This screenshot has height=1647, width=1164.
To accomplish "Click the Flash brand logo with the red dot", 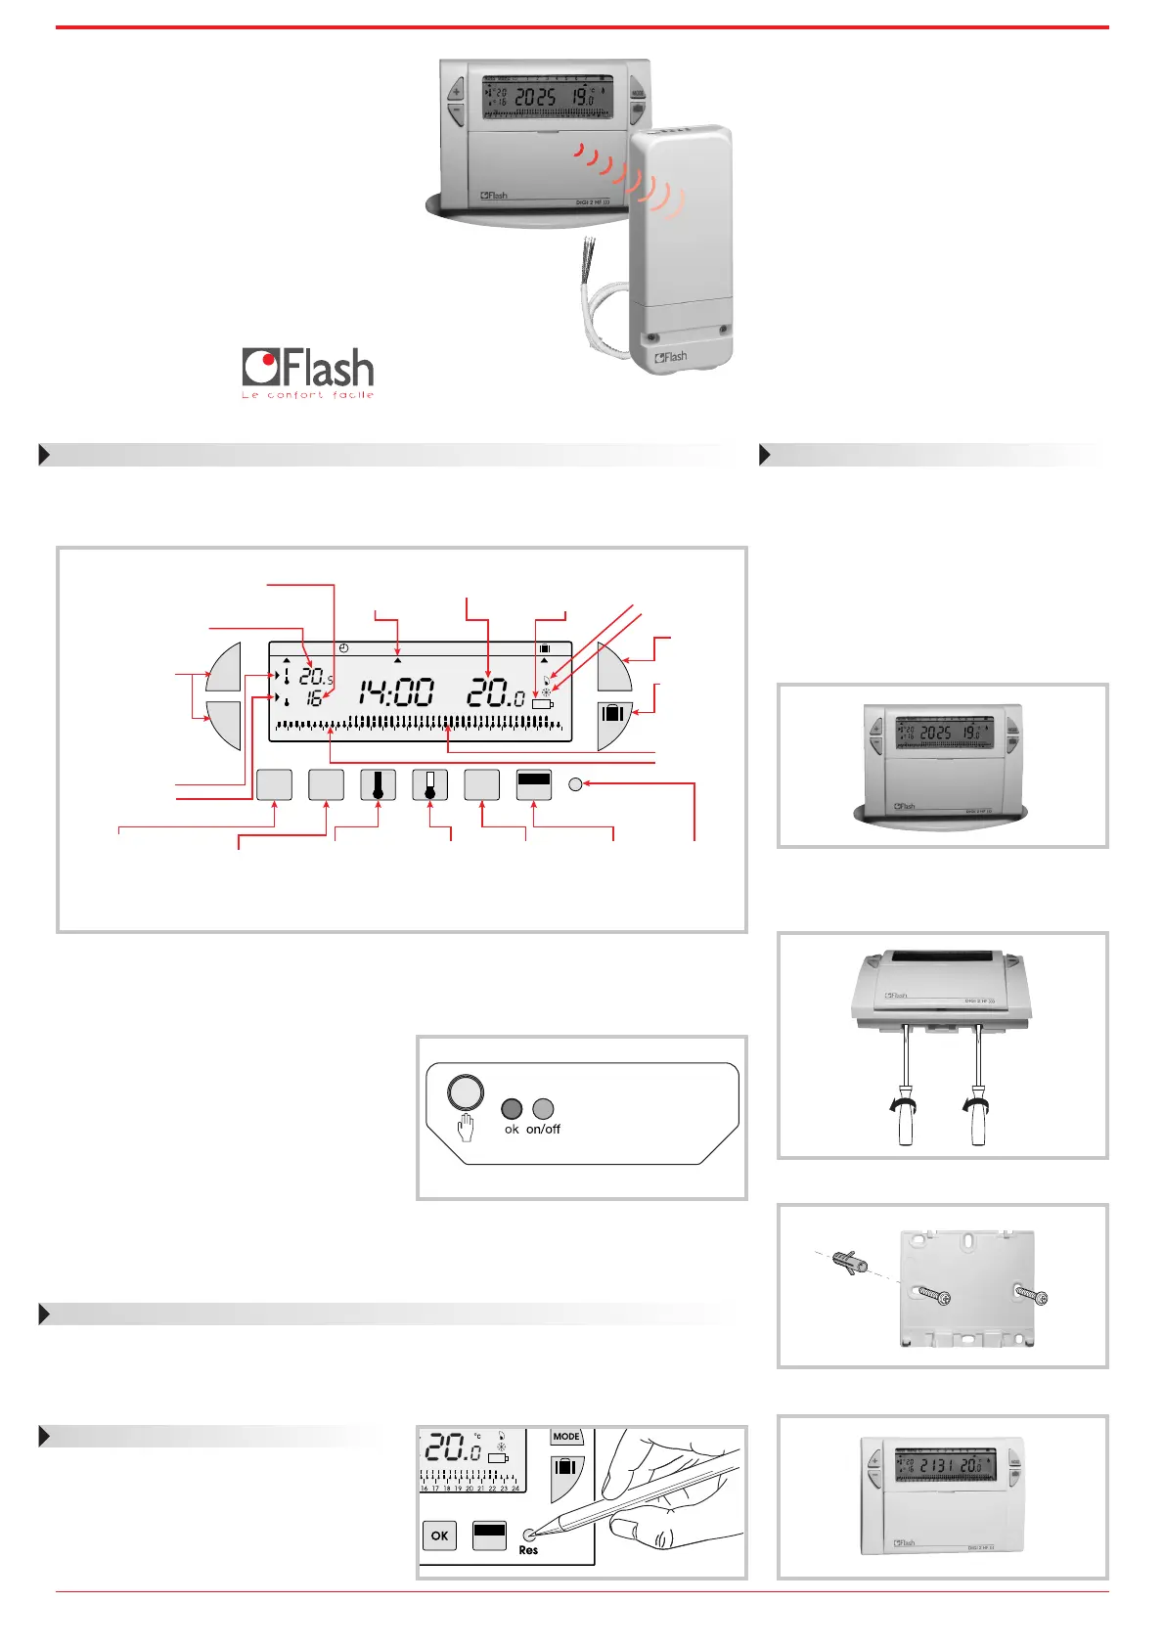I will pyautogui.click(x=308, y=369).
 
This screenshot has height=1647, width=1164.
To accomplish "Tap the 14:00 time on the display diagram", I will pyautogui.click(x=395, y=692).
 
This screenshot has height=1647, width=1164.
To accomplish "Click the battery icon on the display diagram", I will pyautogui.click(x=543, y=703).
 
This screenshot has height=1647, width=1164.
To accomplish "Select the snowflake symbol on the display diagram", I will pyautogui.click(x=546, y=690).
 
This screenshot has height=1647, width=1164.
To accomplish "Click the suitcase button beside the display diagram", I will pyautogui.click(x=613, y=713).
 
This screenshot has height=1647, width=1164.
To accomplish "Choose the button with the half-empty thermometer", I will pyautogui.click(x=429, y=784).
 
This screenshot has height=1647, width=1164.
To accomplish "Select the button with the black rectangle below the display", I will pyautogui.click(x=533, y=784).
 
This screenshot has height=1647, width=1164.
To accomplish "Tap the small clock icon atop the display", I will pyautogui.click(x=343, y=648).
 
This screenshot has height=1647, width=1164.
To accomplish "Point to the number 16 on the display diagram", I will pyautogui.click(x=314, y=698).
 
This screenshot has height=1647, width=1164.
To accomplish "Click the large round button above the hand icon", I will pyautogui.click(x=466, y=1092).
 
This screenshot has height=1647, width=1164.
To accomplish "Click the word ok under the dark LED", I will pyautogui.click(x=512, y=1130).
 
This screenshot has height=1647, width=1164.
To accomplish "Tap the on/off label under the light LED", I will pyautogui.click(x=543, y=1130).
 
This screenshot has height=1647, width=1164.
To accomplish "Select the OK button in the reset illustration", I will pyautogui.click(x=439, y=1536).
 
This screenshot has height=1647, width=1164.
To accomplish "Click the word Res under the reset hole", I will pyautogui.click(x=528, y=1551).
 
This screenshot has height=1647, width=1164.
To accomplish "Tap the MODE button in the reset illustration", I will pyautogui.click(x=566, y=1437).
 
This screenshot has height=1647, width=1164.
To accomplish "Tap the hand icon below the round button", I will pyautogui.click(x=466, y=1128).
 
